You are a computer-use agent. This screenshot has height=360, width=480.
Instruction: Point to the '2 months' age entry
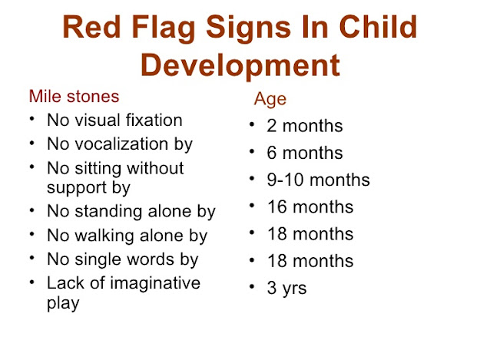(x=304, y=126)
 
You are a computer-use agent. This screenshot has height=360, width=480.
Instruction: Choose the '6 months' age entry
(x=304, y=153)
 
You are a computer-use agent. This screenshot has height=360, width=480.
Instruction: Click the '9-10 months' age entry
(x=318, y=180)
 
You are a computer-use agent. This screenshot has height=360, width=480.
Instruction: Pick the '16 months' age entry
(x=310, y=207)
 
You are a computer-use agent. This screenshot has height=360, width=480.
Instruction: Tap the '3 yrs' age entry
(x=288, y=289)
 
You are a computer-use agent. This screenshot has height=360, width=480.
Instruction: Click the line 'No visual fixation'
(x=114, y=121)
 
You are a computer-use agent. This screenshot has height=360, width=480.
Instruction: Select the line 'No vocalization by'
(x=119, y=144)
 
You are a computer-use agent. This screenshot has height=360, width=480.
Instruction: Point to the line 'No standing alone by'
(x=131, y=212)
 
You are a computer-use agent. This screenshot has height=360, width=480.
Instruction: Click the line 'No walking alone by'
(x=127, y=236)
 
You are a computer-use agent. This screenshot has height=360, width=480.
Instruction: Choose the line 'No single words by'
(x=122, y=259)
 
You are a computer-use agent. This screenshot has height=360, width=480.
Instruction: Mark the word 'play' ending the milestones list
(x=63, y=303)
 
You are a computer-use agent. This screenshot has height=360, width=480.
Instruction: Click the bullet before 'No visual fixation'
(x=30, y=121)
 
